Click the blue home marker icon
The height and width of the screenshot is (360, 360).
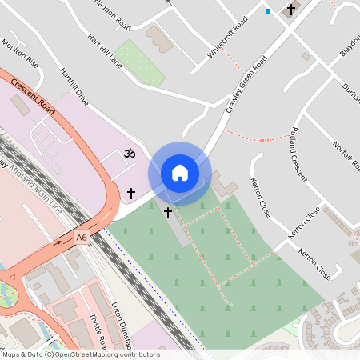click(180, 173)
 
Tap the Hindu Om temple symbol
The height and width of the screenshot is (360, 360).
click(129, 152)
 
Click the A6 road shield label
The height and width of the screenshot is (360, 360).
click(82, 238)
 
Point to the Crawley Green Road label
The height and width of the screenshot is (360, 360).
click(246, 85)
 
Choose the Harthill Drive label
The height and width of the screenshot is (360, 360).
click(74, 86)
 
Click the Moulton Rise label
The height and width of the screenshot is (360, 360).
click(20, 53)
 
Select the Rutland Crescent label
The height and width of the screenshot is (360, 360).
click(299, 154)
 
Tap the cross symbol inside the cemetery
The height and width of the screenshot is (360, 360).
click(168, 212)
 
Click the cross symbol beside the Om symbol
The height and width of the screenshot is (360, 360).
click(131, 193)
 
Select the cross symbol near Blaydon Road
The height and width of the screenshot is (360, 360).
click(290, 10)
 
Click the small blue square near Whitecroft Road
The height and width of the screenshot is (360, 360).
click(268, 11)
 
